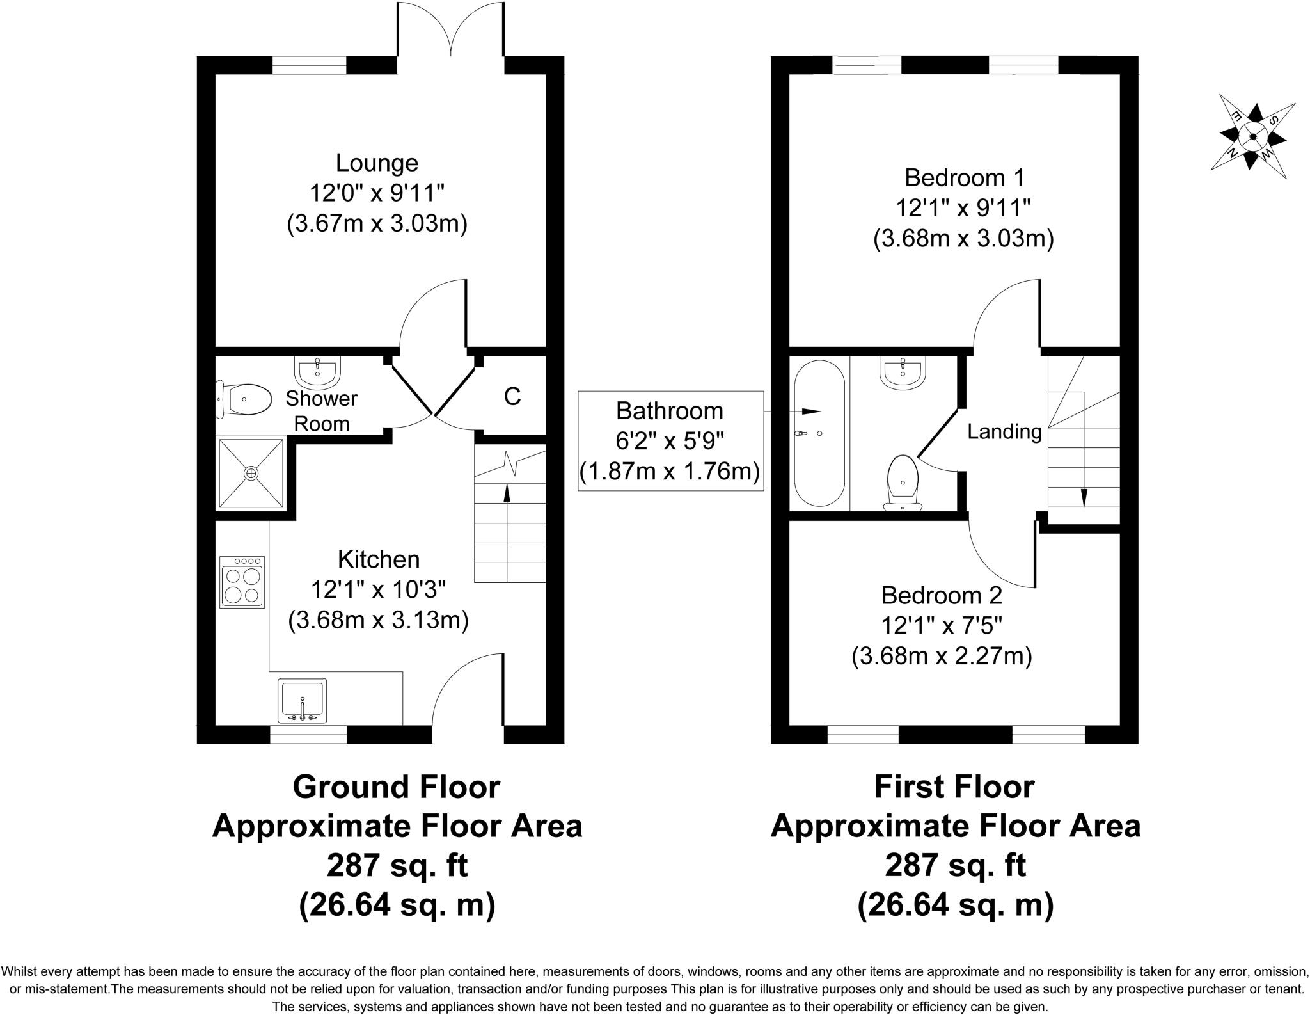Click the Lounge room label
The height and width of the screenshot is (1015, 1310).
click(377, 163)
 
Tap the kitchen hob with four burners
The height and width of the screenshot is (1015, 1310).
click(242, 582)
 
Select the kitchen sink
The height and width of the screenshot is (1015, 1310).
click(303, 700)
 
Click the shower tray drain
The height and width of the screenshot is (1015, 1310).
click(251, 472)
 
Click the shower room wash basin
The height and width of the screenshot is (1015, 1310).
click(317, 369)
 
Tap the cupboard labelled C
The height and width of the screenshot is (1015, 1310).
click(512, 397)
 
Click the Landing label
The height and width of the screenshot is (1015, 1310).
click(1004, 432)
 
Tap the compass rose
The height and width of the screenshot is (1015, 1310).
click(1252, 136)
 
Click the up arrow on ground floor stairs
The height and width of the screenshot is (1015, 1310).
click(507, 493)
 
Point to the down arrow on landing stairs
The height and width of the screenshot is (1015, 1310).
click(1084, 496)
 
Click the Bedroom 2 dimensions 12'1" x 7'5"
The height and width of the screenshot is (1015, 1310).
click(942, 625)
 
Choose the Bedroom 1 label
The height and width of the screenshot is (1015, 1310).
click(964, 177)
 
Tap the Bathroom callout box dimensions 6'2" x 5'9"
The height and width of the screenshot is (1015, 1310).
click(670, 441)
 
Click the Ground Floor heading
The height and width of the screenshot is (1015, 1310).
click(396, 787)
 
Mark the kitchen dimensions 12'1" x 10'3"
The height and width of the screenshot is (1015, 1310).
click(379, 589)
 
